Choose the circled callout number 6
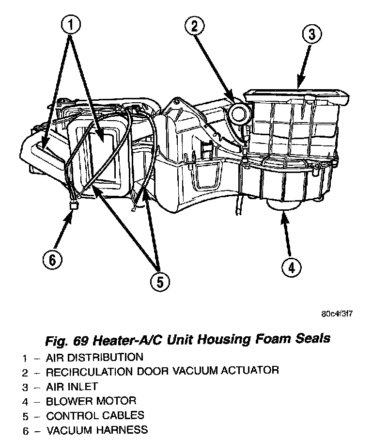pos(52,260)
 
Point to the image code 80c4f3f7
pos(336,313)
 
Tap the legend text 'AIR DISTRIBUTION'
pos(94,358)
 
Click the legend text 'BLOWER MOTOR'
pos(91,401)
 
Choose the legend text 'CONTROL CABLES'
pos(95,415)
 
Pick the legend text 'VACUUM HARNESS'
pos(97,430)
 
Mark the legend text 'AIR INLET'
pos(72,387)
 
